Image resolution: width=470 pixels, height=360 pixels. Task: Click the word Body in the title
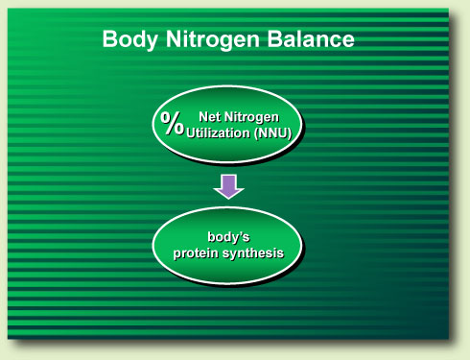point(129,40)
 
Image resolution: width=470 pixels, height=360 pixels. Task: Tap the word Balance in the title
point(312,40)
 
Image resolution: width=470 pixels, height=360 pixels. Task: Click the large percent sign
point(173,122)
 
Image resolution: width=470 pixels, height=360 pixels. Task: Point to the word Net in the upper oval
point(210,116)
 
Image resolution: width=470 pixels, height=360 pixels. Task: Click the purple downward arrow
point(228,184)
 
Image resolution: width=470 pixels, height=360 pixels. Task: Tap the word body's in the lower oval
point(228,236)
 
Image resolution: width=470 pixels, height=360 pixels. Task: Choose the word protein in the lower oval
point(199,251)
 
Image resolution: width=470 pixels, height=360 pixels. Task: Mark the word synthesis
point(254,251)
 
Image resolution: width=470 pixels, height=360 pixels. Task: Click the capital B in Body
point(109,40)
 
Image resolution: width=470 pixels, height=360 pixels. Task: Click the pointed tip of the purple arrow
point(228,196)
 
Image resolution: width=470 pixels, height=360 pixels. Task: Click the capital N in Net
point(202,116)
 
